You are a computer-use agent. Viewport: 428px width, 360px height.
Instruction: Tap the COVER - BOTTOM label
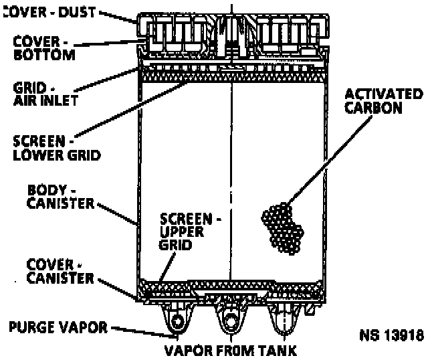[x=44, y=48]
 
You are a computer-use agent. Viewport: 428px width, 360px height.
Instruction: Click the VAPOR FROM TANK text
[x=231, y=349]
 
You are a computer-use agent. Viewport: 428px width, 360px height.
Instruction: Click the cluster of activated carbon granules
[x=282, y=227]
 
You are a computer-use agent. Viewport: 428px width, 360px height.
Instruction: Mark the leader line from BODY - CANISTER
[x=117, y=210]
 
